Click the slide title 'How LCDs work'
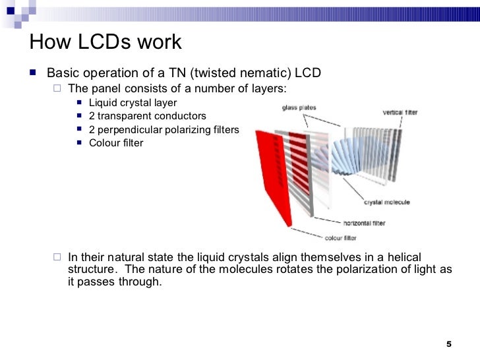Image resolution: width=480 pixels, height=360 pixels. click(x=105, y=43)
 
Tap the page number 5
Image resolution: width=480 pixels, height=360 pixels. click(x=449, y=344)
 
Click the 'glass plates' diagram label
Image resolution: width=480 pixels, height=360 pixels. click(x=299, y=108)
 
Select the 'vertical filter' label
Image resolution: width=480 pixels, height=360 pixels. click(x=400, y=112)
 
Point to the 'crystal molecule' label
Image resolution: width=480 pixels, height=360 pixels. click(x=387, y=202)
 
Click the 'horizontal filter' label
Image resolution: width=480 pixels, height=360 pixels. click(x=364, y=223)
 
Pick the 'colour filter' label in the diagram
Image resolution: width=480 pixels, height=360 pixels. click(x=341, y=237)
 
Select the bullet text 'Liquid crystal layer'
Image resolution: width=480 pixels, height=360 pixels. click(x=133, y=103)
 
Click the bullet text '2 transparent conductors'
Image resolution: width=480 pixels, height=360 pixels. click(x=147, y=116)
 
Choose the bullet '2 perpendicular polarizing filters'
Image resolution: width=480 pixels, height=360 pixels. click(x=164, y=129)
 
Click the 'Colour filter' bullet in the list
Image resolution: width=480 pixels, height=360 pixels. click(x=115, y=142)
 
